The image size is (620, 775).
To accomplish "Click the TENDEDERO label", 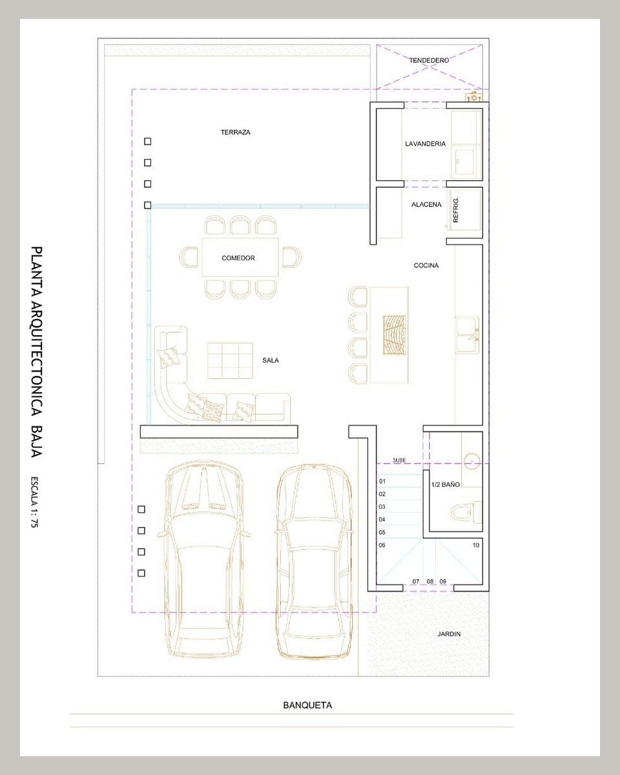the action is pyautogui.click(x=429, y=60).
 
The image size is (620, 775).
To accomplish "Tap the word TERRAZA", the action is pyautogui.click(x=235, y=132).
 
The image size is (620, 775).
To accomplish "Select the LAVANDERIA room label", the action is pyautogui.click(x=425, y=143).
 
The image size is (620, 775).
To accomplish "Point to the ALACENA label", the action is pyautogui.click(x=426, y=205).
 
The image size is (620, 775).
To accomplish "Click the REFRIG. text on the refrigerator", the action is pyautogui.click(x=455, y=210).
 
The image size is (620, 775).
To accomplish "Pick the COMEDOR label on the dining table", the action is pyautogui.click(x=238, y=258).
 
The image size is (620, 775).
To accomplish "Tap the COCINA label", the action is pyautogui.click(x=426, y=265).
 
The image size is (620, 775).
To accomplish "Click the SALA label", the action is pyautogui.click(x=270, y=360).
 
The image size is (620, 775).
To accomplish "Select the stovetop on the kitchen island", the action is pyautogui.click(x=395, y=335).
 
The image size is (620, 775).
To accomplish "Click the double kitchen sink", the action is pyautogui.click(x=467, y=335).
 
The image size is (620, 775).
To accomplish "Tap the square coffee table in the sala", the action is pyautogui.click(x=230, y=360).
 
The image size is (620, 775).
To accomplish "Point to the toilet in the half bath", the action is pyautogui.click(x=466, y=512).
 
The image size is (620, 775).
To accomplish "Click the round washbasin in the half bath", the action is pyautogui.click(x=471, y=461).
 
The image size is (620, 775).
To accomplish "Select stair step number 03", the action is pyautogui.click(x=382, y=507).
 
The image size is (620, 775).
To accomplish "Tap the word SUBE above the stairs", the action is pyautogui.click(x=399, y=460).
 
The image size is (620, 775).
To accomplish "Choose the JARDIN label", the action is pyautogui.click(x=449, y=634).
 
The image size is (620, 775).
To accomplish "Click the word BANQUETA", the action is pyautogui.click(x=307, y=705).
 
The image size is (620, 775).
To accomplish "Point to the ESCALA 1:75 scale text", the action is pyautogui.click(x=35, y=502).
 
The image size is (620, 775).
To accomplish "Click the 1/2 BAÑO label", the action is pyautogui.click(x=445, y=484).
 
